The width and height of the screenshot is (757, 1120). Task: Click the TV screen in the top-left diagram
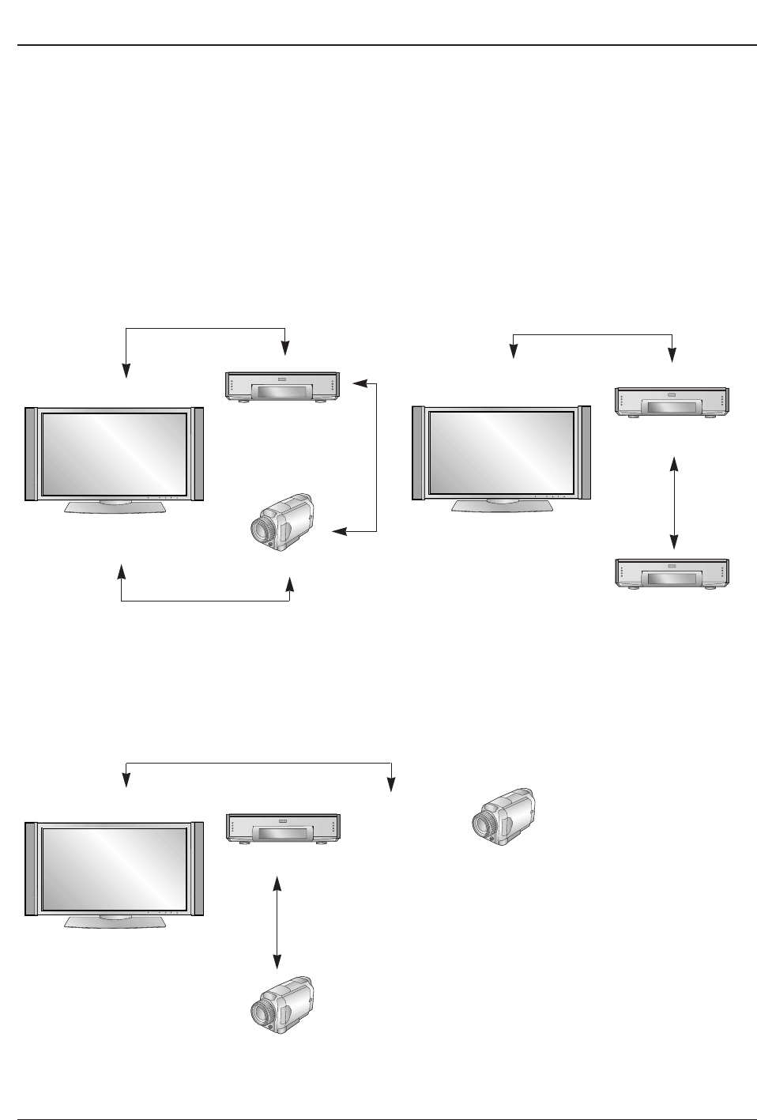114,453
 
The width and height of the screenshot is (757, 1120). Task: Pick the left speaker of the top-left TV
31,454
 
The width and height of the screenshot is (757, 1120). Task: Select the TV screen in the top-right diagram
501,453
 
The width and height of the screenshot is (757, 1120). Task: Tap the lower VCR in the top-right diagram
672,574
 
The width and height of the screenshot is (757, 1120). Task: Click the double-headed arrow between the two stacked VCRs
673,502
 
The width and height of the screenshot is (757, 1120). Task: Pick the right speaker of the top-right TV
586,453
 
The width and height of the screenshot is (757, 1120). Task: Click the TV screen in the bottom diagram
114,869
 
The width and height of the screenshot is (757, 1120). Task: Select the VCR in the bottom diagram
283,828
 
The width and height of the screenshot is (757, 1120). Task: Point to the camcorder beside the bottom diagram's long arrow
502,816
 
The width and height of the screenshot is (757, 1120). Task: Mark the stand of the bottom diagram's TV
115,922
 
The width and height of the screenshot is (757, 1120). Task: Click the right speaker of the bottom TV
198,869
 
